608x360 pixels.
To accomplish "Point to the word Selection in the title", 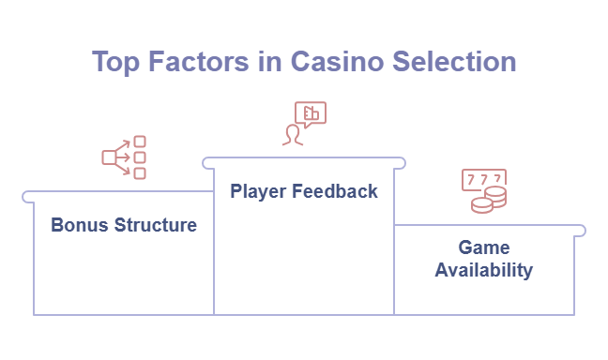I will (454, 62).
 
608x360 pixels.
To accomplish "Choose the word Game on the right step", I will (483, 248).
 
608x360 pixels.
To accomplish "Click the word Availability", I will (483, 270).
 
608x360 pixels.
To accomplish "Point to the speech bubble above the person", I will (311, 113).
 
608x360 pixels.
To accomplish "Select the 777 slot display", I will (483, 178).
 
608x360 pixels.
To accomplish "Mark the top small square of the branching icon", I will (140, 142).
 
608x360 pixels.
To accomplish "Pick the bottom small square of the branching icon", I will (140, 173).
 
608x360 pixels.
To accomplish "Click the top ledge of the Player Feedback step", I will (304, 162).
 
